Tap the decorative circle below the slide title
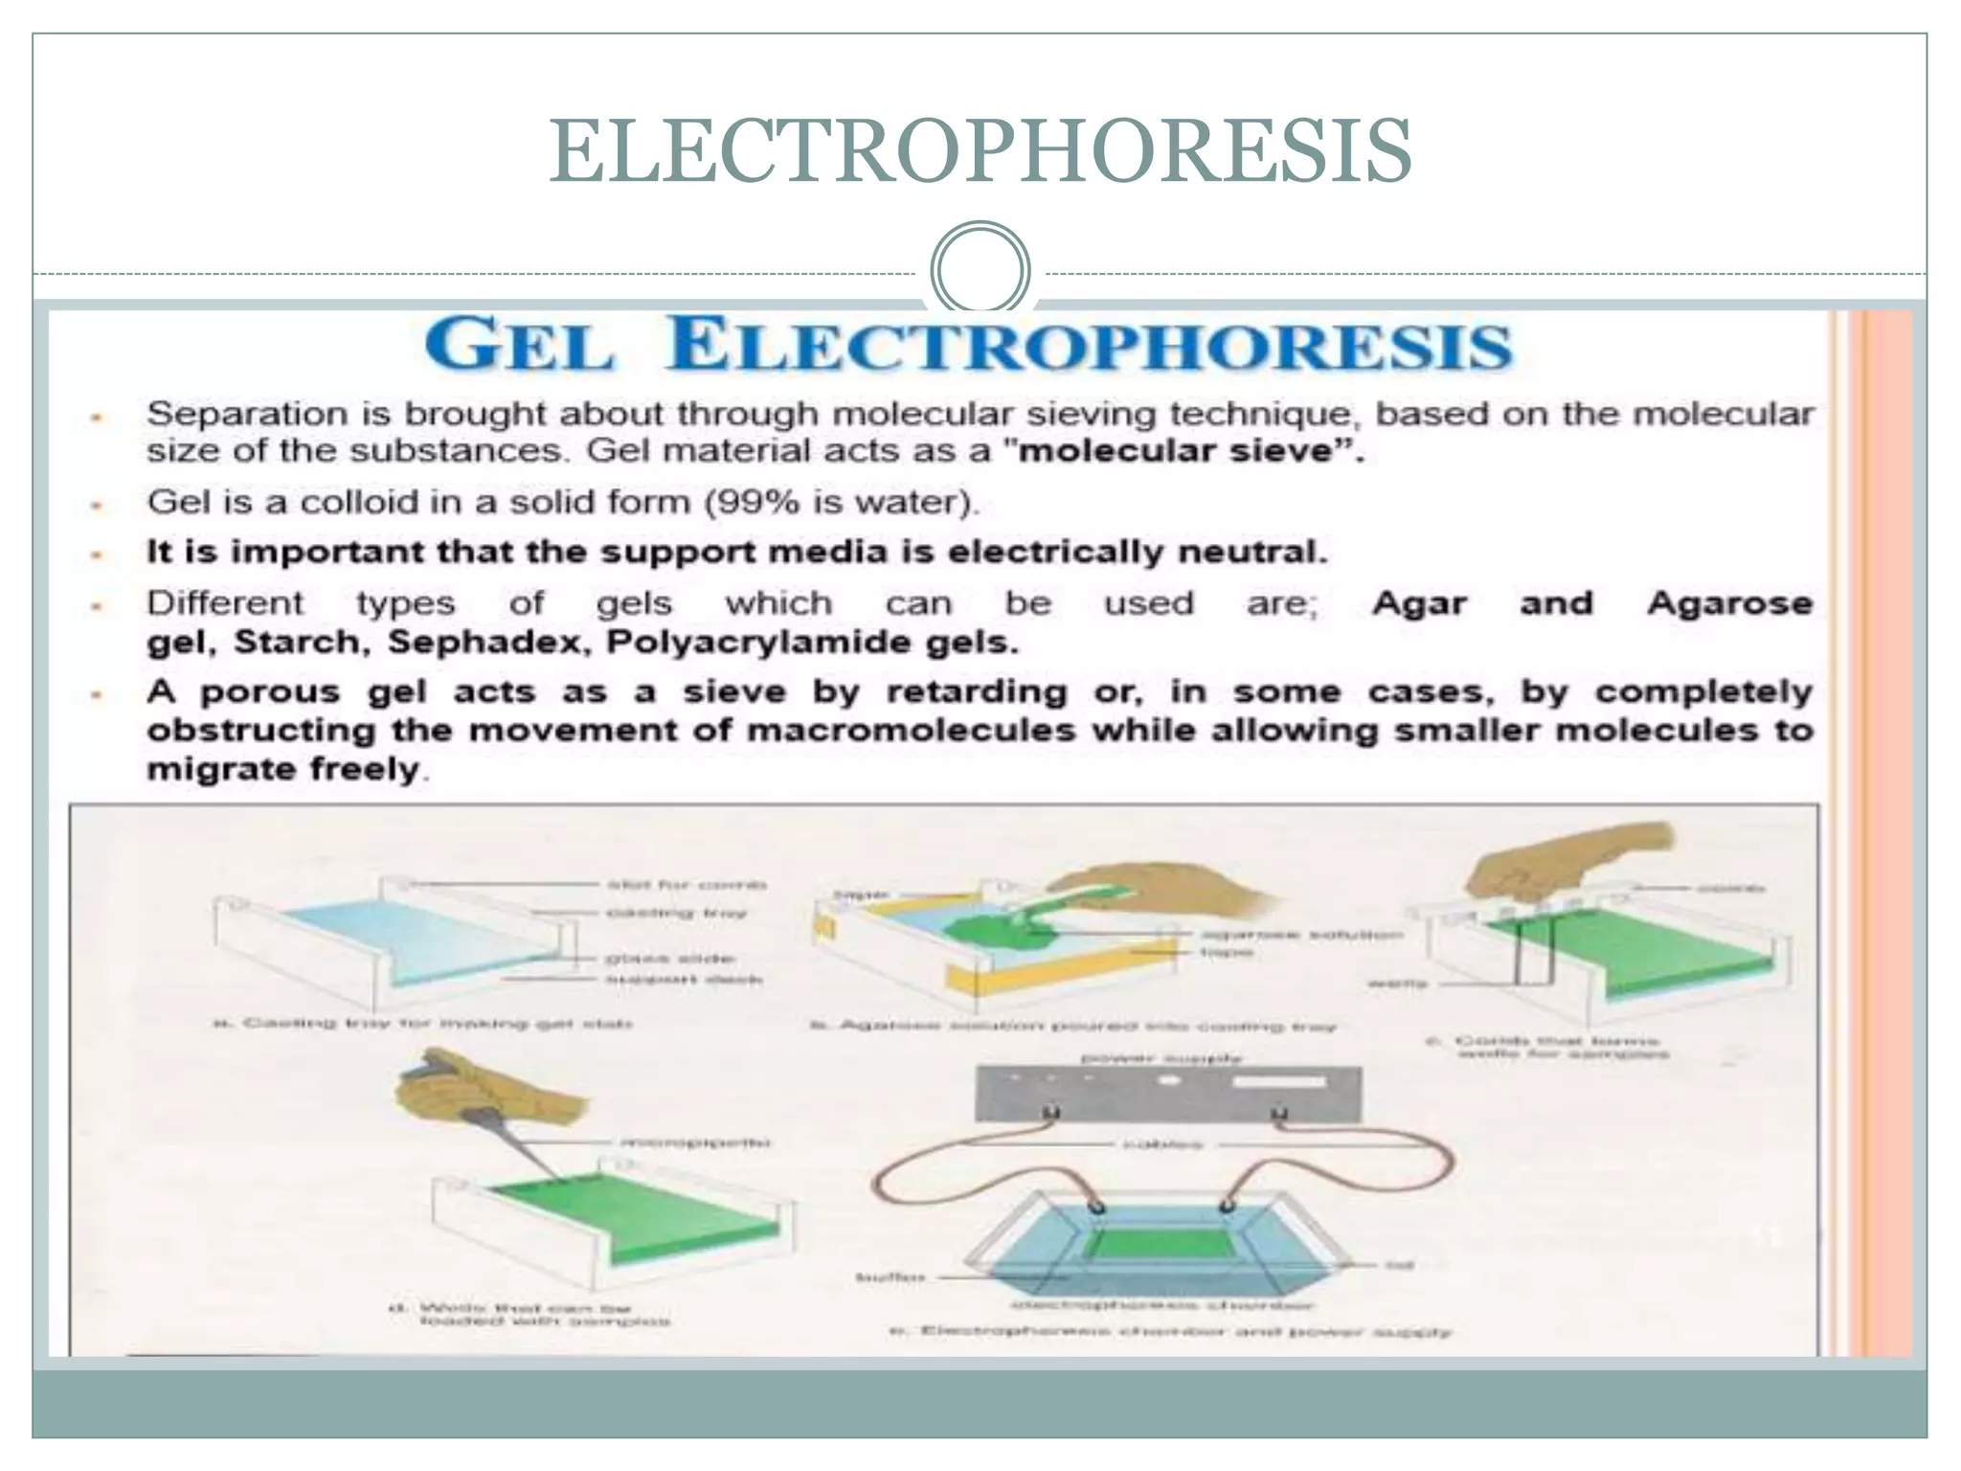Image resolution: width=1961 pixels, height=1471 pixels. point(980,270)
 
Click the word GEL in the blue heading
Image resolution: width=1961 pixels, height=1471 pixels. point(519,346)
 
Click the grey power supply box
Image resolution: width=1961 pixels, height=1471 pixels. point(1167,1093)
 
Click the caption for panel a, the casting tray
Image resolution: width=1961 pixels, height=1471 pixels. point(421,1024)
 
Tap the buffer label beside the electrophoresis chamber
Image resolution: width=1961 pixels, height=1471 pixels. point(890,1277)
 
